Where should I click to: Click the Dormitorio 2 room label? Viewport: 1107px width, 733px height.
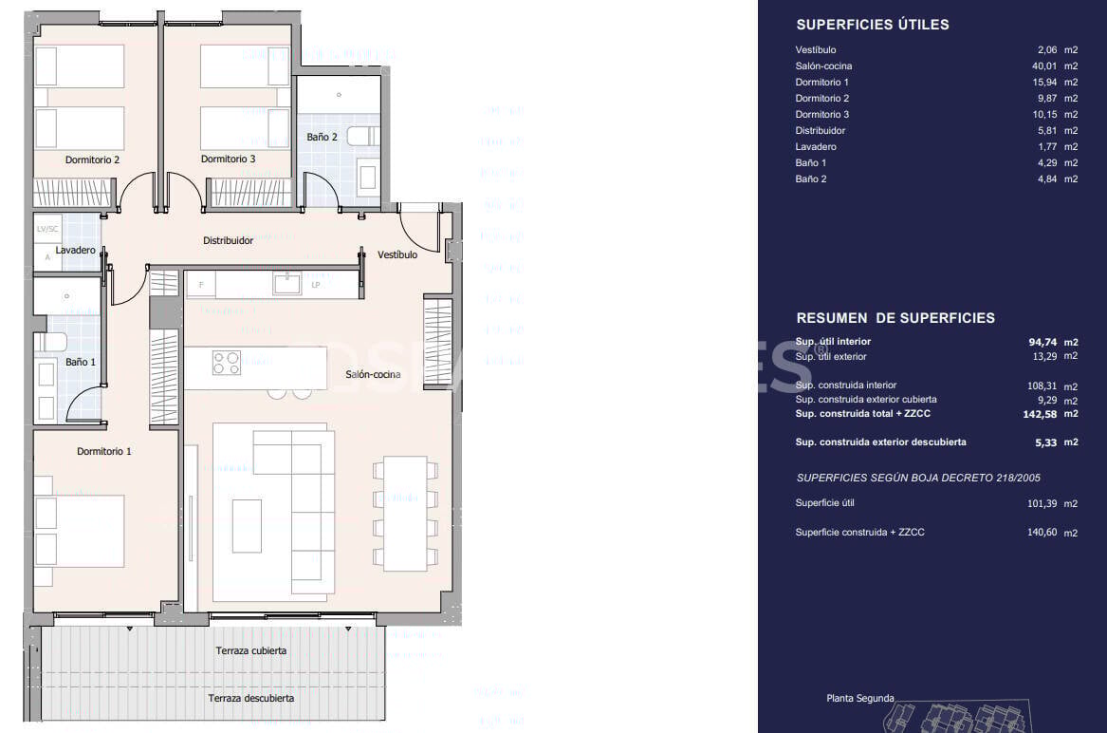(92, 160)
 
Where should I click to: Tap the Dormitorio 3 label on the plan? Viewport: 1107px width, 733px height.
(228, 160)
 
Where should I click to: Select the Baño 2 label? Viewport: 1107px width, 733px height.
(322, 137)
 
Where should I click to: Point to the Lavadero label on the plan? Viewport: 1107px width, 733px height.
(75, 251)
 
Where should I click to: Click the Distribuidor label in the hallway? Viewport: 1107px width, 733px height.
(228, 241)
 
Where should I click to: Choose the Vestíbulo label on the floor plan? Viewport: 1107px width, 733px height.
(397, 254)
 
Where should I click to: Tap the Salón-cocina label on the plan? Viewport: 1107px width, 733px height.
(373, 375)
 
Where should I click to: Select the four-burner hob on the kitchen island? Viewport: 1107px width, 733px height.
(227, 363)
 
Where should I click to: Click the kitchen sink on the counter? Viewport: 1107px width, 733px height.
(286, 283)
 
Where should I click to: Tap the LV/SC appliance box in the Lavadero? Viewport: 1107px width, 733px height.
(46, 230)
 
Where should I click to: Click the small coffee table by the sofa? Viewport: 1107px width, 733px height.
(247, 526)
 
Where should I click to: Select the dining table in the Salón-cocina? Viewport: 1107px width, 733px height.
(405, 513)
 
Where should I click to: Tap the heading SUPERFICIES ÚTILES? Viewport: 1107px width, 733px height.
(872, 25)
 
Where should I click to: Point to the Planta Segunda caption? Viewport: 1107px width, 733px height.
(859, 699)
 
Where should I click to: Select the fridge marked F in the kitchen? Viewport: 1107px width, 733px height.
(200, 284)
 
